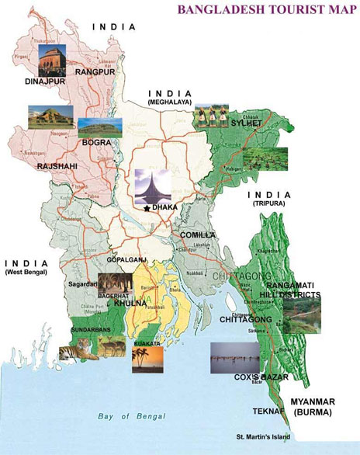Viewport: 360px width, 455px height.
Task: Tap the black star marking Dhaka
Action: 147,208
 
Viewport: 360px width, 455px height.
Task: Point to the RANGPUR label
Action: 95,71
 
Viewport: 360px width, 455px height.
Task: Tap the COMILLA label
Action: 197,234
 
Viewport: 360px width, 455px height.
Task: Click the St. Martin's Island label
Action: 264,436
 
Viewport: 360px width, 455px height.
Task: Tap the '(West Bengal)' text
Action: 26,273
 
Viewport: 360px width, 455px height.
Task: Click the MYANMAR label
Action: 318,401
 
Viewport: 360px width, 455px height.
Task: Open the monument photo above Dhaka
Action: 151,185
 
